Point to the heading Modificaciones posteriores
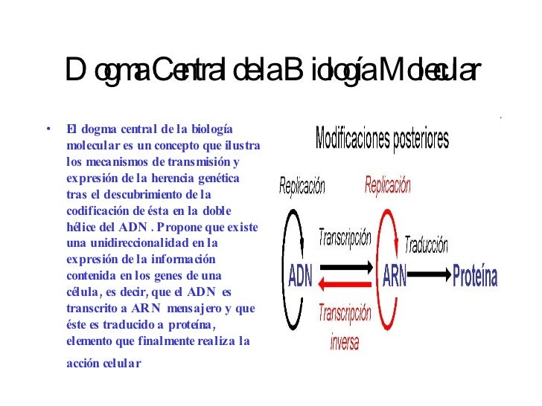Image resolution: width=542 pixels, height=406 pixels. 382,139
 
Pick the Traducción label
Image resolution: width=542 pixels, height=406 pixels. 426,244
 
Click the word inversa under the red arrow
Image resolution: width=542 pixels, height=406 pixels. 343,342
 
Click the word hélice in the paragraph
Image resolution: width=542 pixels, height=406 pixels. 80,226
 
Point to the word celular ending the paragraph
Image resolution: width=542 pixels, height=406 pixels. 122,364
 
